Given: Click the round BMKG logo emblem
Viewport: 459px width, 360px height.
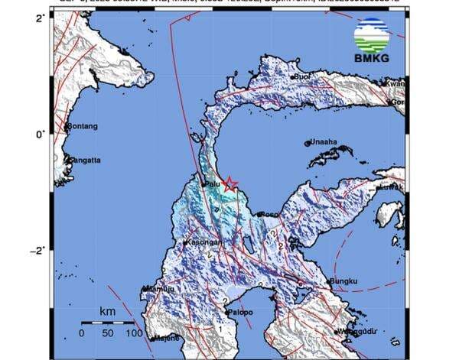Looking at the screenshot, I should (x=372, y=33).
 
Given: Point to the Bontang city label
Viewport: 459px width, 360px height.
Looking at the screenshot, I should (x=83, y=126).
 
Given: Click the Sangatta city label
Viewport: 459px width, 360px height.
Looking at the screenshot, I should (x=85, y=161).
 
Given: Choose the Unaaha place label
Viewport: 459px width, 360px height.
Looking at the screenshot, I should (x=322, y=141).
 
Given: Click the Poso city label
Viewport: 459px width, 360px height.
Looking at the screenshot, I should (x=269, y=215).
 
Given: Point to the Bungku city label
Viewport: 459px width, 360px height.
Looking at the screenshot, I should (x=343, y=282).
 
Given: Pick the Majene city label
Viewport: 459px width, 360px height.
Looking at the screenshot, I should (x=166, y=337).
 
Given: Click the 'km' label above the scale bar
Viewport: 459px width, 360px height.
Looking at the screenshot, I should (x=107, y=312).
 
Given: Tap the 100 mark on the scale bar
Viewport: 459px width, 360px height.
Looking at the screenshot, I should (x=135, y=333).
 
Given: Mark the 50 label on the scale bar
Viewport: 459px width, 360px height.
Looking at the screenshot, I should (x=108, y=333).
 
